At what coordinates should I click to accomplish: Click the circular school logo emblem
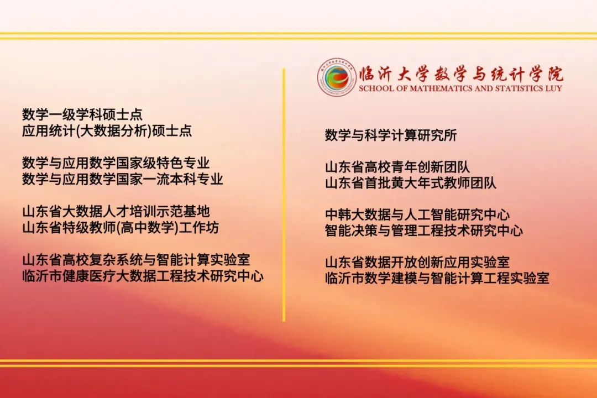[x=336, y=77]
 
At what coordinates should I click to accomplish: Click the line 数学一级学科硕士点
[x=82, y=114]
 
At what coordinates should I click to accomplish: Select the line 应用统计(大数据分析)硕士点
[x=107, y=131]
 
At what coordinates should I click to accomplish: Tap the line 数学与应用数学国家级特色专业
[x=116, y=163]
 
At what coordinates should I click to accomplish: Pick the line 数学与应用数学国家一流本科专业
[x=122, y=179]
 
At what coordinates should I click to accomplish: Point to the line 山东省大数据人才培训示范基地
[x=116, y=212]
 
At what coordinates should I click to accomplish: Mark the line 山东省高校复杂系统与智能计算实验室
[x=140, y=260]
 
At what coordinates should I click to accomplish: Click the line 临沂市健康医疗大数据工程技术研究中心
[x=143, y=276]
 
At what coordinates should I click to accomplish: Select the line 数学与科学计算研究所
[x=391, y=135]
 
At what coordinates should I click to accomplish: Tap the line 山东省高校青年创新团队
[x=397, y=167]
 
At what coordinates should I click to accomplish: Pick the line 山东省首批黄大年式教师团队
[x=410, y=183]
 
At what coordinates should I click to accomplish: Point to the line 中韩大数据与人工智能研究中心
[x=417, y=214]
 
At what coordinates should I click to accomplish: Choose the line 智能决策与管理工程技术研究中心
[x=423, y=231]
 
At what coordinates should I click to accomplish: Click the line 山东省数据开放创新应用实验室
[x=417, y=262]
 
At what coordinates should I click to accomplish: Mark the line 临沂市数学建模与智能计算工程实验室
[x=437, y=278]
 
